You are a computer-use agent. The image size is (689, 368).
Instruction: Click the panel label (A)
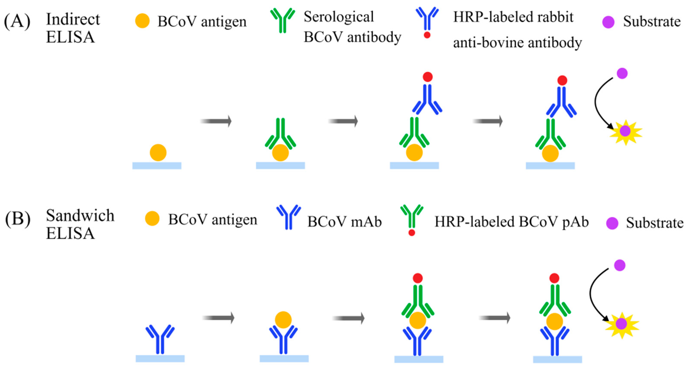(17, 21)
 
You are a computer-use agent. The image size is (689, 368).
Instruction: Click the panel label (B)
(18, 219)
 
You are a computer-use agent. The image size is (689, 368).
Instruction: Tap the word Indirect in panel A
(73, 19)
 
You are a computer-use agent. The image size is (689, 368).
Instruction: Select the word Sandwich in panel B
(80, 216)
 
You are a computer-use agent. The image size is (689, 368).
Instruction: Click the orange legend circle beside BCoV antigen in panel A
(142, 21)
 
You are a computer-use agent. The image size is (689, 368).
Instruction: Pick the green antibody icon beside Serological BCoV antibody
(283, 20)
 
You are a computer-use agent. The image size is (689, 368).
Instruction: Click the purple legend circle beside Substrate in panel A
(608, 22)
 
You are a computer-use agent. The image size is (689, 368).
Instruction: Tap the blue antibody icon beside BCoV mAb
(288, 217)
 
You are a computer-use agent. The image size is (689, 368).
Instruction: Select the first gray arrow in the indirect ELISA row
(216, 121)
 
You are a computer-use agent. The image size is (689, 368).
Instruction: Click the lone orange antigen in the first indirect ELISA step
(158, 153)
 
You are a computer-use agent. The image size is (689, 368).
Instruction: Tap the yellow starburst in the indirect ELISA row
(625, 132)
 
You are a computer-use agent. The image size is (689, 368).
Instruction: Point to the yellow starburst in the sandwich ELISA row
(622, 324)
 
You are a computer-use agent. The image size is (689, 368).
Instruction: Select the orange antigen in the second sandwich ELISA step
(283, 320)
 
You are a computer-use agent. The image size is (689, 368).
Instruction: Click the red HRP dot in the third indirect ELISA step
(427, 77)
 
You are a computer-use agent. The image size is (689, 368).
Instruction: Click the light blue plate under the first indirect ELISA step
(157, 166)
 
